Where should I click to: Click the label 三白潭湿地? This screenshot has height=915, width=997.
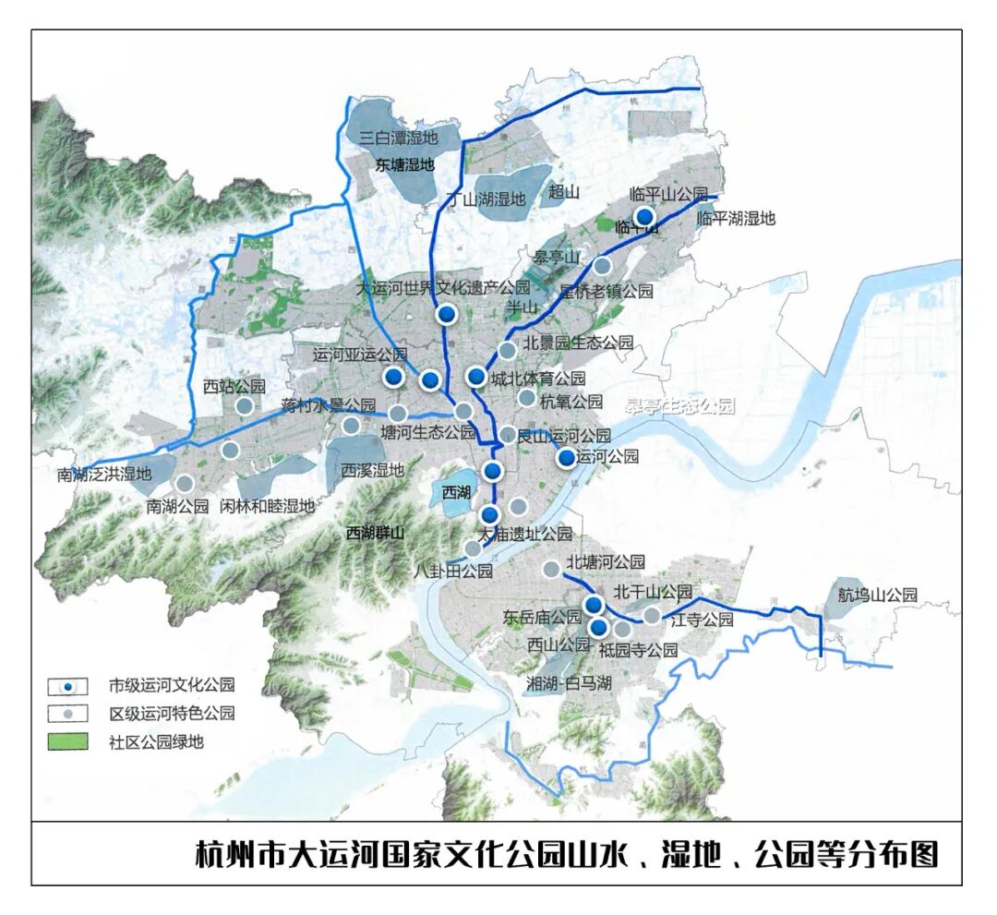398,138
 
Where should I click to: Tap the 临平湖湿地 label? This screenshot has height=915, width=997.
736,219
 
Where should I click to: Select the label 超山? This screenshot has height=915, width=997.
563,192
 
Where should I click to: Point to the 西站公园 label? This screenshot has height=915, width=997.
234,386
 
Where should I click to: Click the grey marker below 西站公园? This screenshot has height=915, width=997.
245,405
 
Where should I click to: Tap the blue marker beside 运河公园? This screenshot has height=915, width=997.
566,457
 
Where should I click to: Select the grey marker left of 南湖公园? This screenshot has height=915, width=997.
185,483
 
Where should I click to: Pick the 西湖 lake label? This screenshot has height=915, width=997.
456,492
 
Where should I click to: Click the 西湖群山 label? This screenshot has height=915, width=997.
375,533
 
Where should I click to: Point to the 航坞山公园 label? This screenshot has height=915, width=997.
877,595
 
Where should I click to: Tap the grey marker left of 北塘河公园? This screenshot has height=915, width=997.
550,569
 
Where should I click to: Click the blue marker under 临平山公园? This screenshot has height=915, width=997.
644,217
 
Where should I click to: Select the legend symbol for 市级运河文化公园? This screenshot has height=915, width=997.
68,686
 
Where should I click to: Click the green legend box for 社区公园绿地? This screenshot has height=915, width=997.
68,740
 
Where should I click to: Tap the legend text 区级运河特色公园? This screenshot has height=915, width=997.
172,713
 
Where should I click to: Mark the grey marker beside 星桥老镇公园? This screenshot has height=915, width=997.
602,266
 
